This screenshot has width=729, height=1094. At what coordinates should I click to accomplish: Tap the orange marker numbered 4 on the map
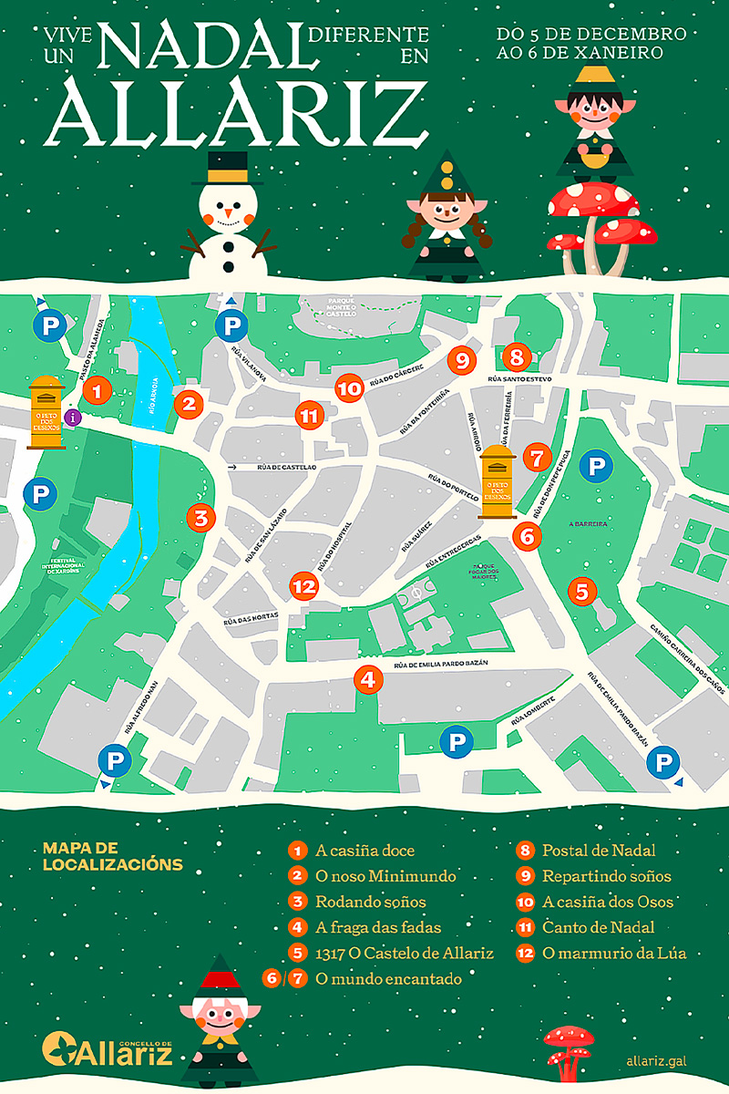tap(367, 679)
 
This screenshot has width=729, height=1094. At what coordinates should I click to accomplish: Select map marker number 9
tap(462, 360)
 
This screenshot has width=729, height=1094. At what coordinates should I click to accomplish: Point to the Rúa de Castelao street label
tap(286, 468)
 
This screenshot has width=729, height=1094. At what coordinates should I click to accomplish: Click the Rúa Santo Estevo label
tap(520, 378)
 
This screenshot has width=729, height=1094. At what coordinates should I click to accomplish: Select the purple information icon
tap(74, 418)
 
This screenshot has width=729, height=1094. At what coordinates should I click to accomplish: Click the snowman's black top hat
tap(227, 170)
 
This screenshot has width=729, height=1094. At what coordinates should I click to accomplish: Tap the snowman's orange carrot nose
tap(227, 218)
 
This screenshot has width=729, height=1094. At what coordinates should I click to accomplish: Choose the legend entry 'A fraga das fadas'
tap(378, 928)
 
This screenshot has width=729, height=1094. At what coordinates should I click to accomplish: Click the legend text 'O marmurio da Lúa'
tap(613, 954)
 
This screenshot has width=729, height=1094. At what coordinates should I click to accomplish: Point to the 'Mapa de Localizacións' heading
tap(113, 856)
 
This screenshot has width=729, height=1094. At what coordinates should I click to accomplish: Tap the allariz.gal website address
tap(656, 1060)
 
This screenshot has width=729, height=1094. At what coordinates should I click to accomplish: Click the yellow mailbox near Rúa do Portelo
tap(498, 481)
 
